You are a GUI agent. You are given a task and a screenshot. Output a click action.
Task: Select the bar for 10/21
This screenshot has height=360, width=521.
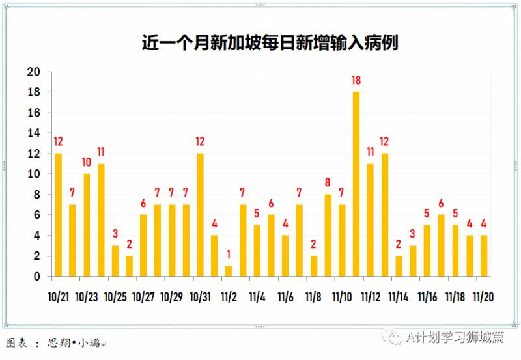pyautogui.click(x=59, y=215)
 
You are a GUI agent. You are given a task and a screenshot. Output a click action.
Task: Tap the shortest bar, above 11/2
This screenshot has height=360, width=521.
pyautogui.click(x=229, y=271)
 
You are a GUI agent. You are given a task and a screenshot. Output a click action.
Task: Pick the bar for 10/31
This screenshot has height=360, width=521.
pyautogui.click(x=200, y=215)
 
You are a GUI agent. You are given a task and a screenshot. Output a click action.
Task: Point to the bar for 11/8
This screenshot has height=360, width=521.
pyautogui.click(x=314, y=266)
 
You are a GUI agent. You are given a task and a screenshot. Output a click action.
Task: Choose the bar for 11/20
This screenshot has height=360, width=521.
pyautogui.click(x=484, y=256)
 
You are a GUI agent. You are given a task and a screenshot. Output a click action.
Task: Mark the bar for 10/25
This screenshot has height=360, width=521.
pyautogui.click(x=115, y=260)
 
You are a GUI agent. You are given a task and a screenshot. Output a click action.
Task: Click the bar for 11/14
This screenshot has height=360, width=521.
pyautogui.click(x=399, y=266)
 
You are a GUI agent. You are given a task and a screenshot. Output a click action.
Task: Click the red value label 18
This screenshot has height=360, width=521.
pyautogui.click(x=356, y=81)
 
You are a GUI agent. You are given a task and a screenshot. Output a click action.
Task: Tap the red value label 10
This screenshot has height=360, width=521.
pyautogui.click(x=87, y=162)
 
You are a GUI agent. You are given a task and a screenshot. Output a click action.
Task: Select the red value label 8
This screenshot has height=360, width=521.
pyautogui.click(x=328, y=183)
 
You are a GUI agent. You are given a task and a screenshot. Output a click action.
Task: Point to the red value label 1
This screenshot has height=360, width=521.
pyautogui.click(x=229, y=255)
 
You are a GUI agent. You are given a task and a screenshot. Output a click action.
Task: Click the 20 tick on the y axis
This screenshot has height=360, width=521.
pyautogui.click(x=33, y=72)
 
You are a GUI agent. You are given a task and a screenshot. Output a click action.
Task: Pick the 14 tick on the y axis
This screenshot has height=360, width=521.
pyautogui.click(x=33, y=133)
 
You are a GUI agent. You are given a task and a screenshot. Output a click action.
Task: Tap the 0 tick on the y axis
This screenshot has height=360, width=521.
pyautogui.click(x=37, y=277)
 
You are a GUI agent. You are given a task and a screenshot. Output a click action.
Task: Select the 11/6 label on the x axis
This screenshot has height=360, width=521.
pyautogui.click(x=285, y=297)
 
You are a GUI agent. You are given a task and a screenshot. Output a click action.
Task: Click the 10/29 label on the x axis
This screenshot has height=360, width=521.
pyautogui.click(x=171, y=297)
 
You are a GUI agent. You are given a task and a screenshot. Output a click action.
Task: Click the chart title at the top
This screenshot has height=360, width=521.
pyautogui.click(x=270, y=43)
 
